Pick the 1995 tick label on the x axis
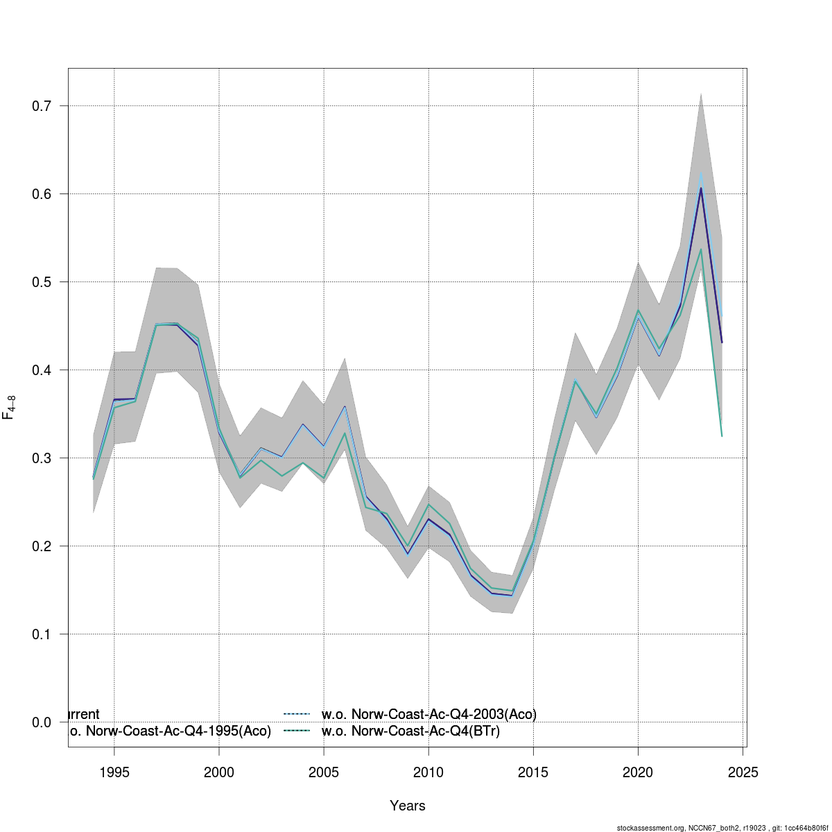point(114,772)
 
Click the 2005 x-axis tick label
point(324,772)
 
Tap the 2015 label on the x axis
point(533,772)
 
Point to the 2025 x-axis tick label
point(743,772)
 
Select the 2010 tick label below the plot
point(428,772)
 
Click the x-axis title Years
point(408,806)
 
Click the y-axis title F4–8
point(10,407)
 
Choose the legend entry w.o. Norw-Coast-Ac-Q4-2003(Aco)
point(428,714)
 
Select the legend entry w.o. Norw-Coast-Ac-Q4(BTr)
point(410,731)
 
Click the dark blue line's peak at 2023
point(701,188)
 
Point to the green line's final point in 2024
point(722,436)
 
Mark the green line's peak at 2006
point(345,433)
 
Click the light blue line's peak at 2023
point(701,173)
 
